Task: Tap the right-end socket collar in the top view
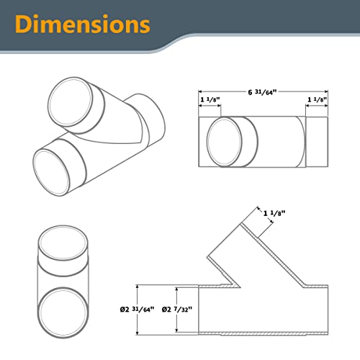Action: [x=318, y=142]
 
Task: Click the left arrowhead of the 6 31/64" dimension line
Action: [x=200, y=91]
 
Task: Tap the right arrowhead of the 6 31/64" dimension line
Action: [x=328, y=91]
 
